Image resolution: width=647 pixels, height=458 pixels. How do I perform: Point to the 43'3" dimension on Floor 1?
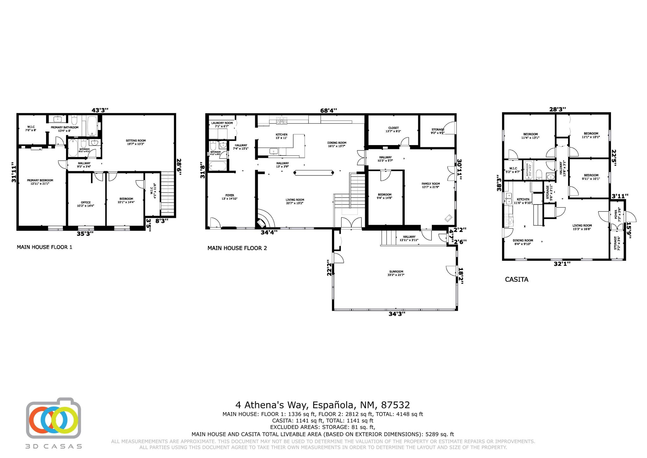(100, 110)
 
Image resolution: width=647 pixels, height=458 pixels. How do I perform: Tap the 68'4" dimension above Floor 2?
(329, 110)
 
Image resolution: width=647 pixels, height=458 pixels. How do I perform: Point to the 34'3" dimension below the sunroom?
(397, 314)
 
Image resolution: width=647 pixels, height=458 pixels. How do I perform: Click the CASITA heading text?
(517, 279)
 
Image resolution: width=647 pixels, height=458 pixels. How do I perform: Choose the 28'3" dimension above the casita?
(557, 109)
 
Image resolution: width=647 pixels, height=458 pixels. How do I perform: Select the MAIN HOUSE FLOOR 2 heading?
(237, 248)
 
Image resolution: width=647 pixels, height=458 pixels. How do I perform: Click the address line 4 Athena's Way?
(323, 405)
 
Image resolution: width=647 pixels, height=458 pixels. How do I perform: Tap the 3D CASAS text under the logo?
(54, 446)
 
